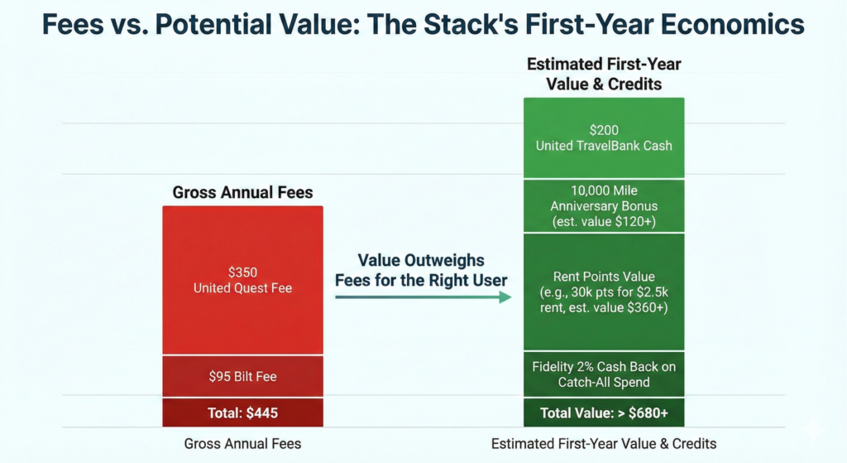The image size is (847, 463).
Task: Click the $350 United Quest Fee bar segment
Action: pos(242,280)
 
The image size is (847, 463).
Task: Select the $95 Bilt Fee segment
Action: pos(242,377)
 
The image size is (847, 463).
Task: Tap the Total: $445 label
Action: pos(242,412)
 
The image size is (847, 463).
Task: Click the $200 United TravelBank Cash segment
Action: pos(604,138)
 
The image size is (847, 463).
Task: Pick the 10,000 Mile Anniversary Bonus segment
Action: pos(604,206)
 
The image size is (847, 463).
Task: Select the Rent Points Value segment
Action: pos(604,292)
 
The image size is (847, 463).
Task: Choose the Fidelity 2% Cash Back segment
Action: pos(604,374)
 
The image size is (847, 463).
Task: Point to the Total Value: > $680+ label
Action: pos(604,412)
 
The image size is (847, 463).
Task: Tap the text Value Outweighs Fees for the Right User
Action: pos(421,270)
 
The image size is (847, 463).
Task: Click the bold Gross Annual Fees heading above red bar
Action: pos(242,193)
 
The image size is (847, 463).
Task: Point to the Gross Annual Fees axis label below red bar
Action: pos(242,443)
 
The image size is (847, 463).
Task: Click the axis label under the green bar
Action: pos(604,443)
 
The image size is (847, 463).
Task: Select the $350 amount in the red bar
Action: pos(242,272)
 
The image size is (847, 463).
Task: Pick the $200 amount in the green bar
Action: pos(604,130)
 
